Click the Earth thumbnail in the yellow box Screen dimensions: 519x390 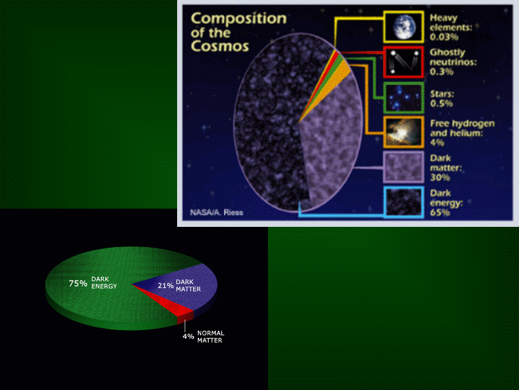[x=404, y=27]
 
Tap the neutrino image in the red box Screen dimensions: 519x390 [x=404, y=62]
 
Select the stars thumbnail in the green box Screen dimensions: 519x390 [x=404, y=97]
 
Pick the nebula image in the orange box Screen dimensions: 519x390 [x=404, y=132]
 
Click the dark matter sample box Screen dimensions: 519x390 [x=404, y=167]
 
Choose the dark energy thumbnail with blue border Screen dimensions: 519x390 [x=404, y=202]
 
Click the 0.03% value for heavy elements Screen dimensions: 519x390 [x=444, y=37]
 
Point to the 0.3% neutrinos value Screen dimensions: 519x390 [x=442, y=71]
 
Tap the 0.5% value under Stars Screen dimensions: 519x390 [x=442, y=103]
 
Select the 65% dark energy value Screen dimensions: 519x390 [x=440, y=213]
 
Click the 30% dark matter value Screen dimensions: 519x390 [x=440, y=177]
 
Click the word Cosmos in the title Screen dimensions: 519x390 [x=220, y=46]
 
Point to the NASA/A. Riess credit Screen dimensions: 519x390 [x=217, y=213]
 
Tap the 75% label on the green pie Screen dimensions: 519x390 [x=78, y=283]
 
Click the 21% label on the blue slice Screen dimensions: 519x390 [x=165, y=285]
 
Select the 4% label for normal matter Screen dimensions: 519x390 [x=188, y=336]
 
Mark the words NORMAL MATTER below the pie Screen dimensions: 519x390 [x=210, y=337]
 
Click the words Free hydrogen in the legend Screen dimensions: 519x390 [x=463, y=123]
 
